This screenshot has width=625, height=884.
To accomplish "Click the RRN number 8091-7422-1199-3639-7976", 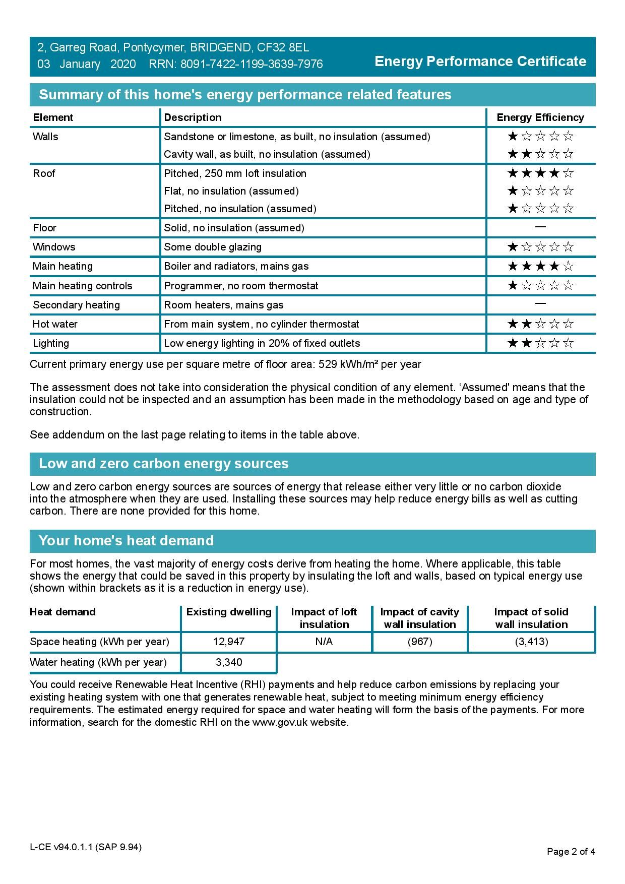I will coord(252,65).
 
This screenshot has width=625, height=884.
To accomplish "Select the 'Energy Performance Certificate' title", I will coord(480,61).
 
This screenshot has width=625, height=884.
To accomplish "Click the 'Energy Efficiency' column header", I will coord(540,117).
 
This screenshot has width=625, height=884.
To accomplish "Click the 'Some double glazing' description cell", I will coord(213,247).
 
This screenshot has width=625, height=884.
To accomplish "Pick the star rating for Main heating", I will coord(540,266).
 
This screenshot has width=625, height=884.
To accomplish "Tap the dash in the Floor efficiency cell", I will coord(540,227).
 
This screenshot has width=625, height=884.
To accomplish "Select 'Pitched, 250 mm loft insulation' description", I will coord(235,173).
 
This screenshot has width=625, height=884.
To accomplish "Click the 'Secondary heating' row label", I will coord(76,305).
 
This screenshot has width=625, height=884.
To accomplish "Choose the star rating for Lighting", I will coord(540,343).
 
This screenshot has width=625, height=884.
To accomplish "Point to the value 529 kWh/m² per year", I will coord(370,364).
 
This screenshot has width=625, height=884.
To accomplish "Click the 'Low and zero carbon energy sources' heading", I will coord(164,464).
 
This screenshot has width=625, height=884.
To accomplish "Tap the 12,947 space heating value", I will coord(229,642).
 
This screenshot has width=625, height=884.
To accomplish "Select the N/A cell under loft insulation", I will coord(324,642).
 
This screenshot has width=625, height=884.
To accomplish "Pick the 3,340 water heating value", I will coord(229,662).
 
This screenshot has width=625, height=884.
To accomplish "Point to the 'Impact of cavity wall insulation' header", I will coord(420,618).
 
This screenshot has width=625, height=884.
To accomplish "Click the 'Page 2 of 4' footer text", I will coord(571,852).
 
